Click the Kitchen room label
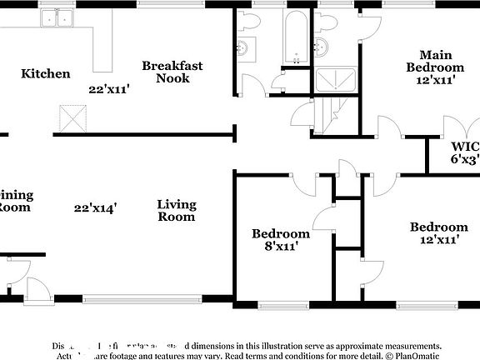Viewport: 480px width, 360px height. click(x=45, y=73)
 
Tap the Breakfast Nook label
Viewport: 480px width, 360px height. click(x=172, y=72)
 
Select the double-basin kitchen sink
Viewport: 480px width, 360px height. click(x=57, y=17)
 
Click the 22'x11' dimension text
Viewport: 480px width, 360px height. click(x=109, y=87)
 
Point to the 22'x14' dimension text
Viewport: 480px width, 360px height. click(x=94, y=207)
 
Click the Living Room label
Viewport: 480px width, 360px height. click(x=177, y=210)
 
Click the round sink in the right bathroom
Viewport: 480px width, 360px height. click(x=322, y=47)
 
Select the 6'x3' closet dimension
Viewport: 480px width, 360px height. click(x=465, y=157)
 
